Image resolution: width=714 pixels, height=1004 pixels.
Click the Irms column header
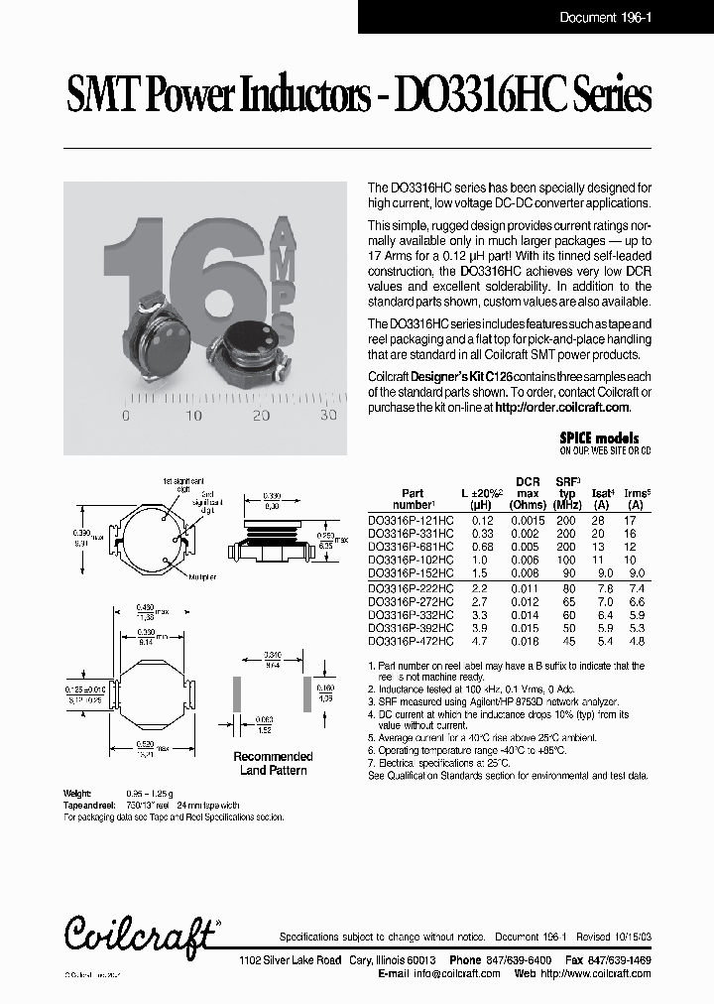(x=637, y=493)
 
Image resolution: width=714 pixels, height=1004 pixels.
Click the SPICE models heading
(x=599, y=438)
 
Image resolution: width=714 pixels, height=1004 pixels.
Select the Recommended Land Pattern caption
(x=273, y=763)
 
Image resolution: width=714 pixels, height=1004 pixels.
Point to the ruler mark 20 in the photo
(x=261, y=417)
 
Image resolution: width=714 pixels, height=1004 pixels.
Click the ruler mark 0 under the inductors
(x=125, y=417)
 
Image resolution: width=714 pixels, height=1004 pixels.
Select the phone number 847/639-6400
(x=521, y=961)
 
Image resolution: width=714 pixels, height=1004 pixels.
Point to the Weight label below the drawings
(x=78, y=793)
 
